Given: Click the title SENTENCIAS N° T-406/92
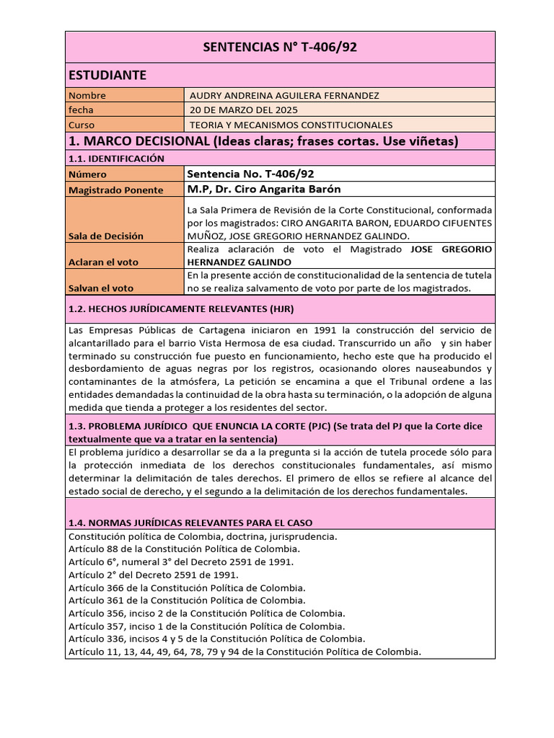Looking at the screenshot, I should [x=280, y=48].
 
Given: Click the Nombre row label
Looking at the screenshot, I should [x=87, y=95].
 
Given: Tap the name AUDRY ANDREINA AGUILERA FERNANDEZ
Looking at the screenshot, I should [x=283, y=95].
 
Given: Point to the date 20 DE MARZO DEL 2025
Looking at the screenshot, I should [x=243, y=110].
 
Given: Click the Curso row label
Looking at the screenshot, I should [x=82, y=125].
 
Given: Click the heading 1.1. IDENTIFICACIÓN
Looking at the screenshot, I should [x=116, y=159].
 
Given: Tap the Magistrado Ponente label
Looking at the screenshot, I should [x=115, y=190].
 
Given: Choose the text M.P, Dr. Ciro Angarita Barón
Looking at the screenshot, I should [x=263, y=189].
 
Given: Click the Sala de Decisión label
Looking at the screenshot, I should [x=105, y=236].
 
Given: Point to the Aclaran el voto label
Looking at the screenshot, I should [x=103, y=262].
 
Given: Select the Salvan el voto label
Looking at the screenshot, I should [x=101, y=288].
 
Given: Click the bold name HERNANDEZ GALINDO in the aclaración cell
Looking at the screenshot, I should [x=239, y=262].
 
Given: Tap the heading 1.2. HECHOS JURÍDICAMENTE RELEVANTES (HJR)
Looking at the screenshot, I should [x=180, y=308].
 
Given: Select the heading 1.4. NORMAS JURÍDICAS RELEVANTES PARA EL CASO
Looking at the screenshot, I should [x=190, y=523].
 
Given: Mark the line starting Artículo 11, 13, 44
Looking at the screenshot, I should [x=244, y=652].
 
